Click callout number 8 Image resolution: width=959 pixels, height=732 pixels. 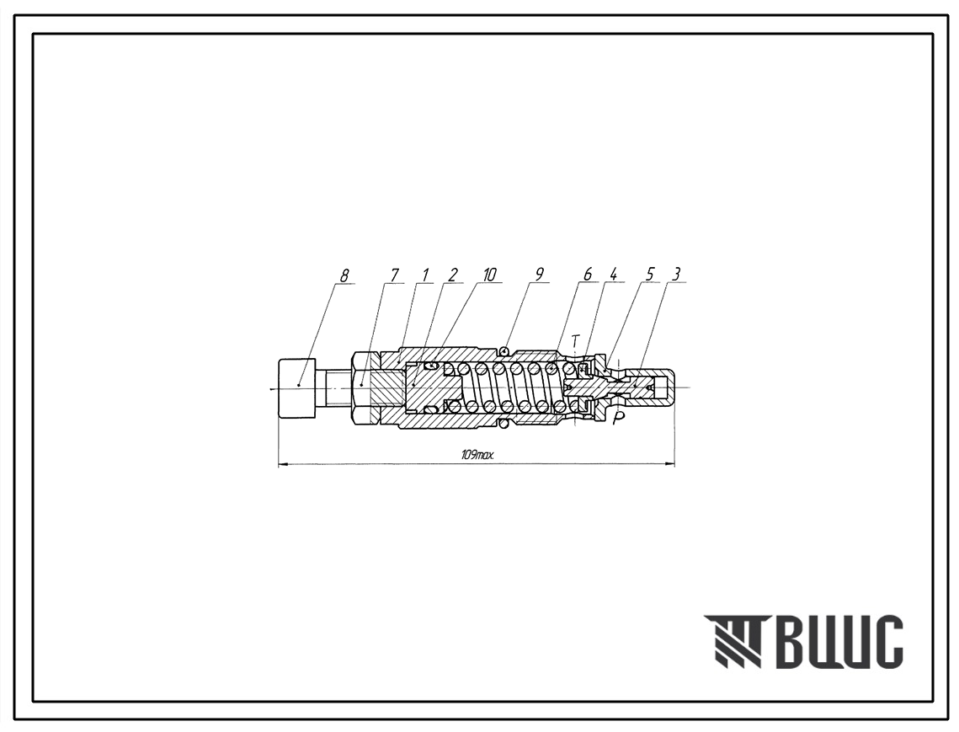tap(344, 275)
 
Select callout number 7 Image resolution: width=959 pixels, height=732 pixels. tap(395, 275)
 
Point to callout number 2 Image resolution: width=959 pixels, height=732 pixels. tap(452, 275)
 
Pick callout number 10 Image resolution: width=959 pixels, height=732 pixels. tap(489, 275)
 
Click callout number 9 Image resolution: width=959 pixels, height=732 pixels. tap(539, 275)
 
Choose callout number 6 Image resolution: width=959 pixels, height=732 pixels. tap(588, 275)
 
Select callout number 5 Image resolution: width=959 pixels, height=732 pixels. tap(649, 275)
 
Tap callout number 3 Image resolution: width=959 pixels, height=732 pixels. tap(676, 275)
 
